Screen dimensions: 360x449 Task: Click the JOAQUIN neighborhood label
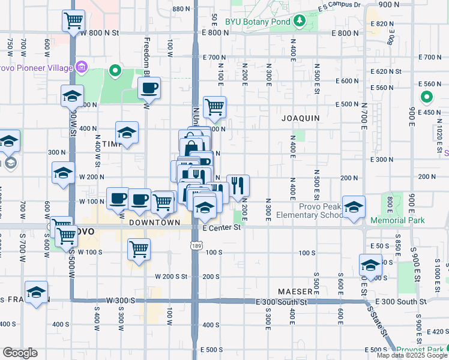[301, 118]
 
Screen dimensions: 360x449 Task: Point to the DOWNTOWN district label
[155, 223]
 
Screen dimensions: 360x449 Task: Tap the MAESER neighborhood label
[295, 292]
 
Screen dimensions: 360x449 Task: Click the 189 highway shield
[197, 245]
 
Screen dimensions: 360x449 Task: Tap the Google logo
[20, 353]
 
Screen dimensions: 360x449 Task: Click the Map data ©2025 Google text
[411, 355]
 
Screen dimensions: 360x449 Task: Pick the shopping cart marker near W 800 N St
[73, 20]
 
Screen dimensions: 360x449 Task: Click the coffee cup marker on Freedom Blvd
[149, 89]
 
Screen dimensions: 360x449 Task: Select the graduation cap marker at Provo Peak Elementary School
[354, 206]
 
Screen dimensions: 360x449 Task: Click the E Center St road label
[221, 227]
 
